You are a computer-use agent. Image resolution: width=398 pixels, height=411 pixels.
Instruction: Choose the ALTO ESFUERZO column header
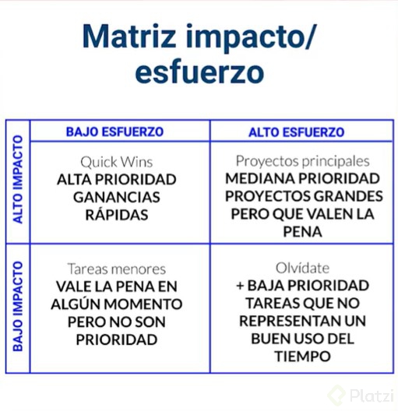coord(296,132)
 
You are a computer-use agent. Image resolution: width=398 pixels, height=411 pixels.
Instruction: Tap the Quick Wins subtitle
coord(116,162)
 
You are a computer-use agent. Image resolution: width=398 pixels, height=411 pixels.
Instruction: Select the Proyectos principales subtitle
coord(302,161)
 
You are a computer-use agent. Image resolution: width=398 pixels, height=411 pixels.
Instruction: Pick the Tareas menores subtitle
coord(116,269)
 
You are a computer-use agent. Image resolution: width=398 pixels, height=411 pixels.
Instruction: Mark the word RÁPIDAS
coord(116,215)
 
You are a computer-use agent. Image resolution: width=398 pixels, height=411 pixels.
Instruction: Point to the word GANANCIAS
coord(116,197)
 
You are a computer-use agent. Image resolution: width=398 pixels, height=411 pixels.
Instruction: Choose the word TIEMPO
coord(302,357)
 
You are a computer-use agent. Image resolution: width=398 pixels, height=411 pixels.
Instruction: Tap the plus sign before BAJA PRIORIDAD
coord(241,286)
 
